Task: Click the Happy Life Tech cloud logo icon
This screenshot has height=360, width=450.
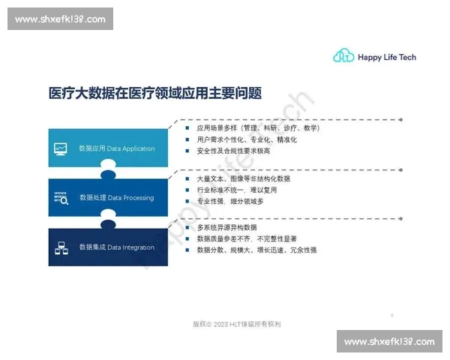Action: (343, 56)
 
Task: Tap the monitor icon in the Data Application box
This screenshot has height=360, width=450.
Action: (61, 148)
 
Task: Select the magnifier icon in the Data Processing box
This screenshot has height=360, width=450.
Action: (61, 198)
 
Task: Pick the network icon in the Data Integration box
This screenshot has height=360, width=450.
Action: (61, 247)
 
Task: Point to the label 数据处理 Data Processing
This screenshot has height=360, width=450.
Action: (116, 198)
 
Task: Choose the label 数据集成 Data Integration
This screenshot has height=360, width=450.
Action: (116, 247)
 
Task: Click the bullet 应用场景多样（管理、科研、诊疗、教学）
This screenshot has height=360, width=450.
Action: (257, 128)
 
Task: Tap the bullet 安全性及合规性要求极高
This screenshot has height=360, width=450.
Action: (233, 151)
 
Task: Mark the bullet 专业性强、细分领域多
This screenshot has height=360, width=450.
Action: (230, 202)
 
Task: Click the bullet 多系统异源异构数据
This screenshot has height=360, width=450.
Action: (226, 227)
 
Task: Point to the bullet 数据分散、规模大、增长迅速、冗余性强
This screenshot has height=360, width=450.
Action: (256, 250)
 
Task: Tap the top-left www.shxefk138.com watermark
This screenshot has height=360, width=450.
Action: (61, 19)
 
